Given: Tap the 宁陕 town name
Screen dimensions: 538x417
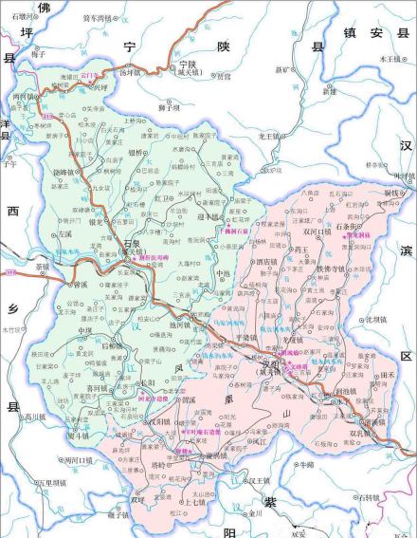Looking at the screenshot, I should [192, 64].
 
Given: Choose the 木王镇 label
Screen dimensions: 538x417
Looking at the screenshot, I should [390, 58].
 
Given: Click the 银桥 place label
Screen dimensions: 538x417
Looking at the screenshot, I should [136, 151].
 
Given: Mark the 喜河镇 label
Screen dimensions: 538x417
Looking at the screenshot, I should [97, 388].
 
